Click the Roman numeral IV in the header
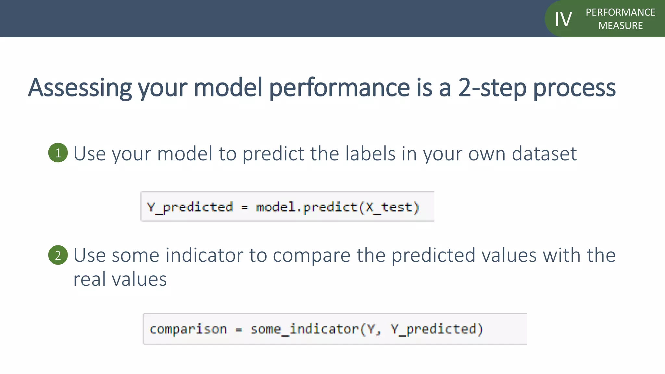pyautogui.click(x=563, y=19)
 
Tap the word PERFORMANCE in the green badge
pyautogui.click(x=620, y=12)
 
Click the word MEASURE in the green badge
pyautogui.click(x=620, y=26)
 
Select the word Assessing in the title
pyautogui.click(x=80, y=88)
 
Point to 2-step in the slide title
pyautogui.click(x=492, y=88)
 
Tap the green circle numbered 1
pyautogui.click(x=58, y=153)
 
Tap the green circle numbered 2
pyautogui.click(x=58, y=255)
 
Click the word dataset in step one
pyautogui.click(x=544, y=154)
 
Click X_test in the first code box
pyautogui.click(x=389, y=207)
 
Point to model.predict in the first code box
pyautogui.click(x=306, y=207)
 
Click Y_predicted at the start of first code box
pyautogui.click(x=190, y=207)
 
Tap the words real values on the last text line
pyautogui.click(x=120, y=279)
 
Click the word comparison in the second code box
pyautogui.click(x=188, y=329)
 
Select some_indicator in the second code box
pyautogui.click(x=305, y=329)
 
